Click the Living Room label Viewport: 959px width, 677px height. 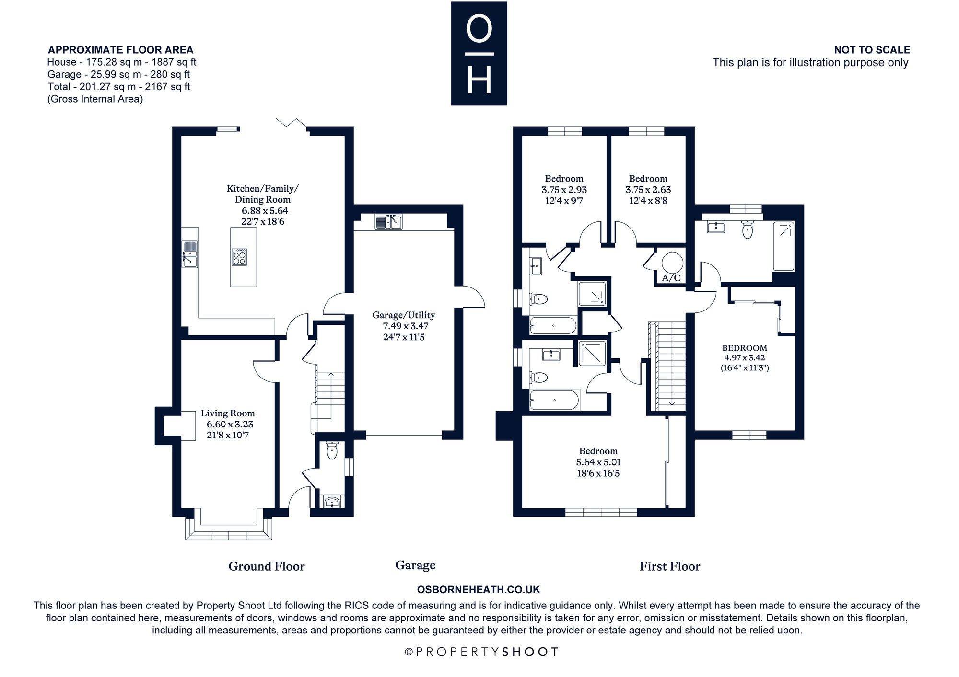[227, 413]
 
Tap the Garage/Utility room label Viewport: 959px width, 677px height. [404, 315]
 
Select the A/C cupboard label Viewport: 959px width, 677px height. [671, 278]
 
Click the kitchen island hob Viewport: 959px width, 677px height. [239, 257]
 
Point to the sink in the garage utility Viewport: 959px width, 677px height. [388, 222]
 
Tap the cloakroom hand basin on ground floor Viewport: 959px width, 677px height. [332, 503]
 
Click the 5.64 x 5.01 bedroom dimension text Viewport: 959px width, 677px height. [598, 462]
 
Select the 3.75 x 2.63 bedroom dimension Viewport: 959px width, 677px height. [648, 190]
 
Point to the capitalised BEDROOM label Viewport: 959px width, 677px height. [745, 348]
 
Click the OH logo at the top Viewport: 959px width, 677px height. [479, 54]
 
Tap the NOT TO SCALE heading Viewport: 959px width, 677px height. [872, 50]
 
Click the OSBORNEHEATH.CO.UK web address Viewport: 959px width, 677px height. [479, 590]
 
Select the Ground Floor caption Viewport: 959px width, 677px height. [267, 566]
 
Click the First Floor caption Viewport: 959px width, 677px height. [670, 566]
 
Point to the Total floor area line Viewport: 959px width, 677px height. [119, 87]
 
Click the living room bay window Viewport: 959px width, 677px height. [229, 529]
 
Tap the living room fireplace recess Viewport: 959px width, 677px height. [175, 426]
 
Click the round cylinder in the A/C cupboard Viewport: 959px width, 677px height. [672, 263]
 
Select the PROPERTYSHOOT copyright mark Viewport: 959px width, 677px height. [482, 652]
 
